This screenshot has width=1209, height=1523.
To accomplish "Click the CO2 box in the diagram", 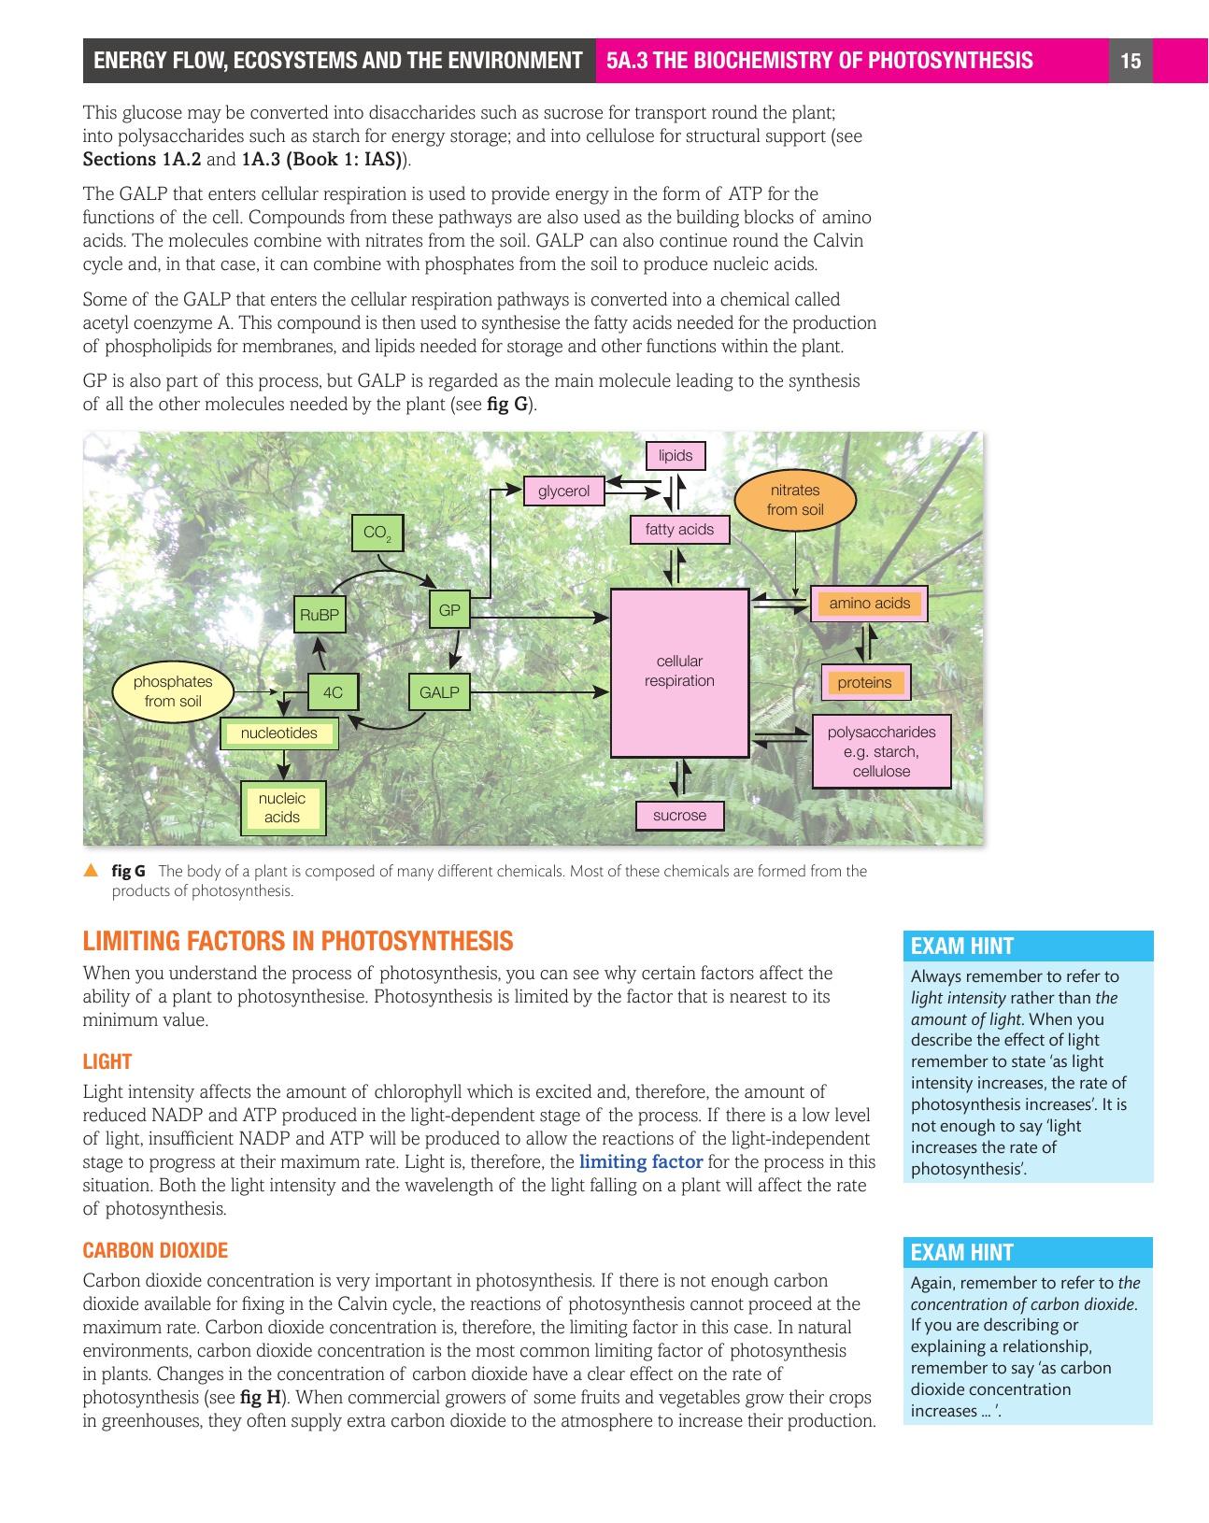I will [x=377, y=533].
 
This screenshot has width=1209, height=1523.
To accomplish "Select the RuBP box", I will [x=319, y=615].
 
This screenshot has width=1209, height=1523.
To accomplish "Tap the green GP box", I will [x=449, y=610].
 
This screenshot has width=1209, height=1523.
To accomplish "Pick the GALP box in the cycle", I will [x=439, y=692].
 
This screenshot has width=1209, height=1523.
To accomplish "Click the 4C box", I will [x=333, y=692].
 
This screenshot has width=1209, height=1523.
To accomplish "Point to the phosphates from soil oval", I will [x=173, y=691].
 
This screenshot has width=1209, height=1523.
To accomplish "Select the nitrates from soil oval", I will [x=795, y=500].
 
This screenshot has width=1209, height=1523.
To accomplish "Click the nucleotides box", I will [x=279, y=733].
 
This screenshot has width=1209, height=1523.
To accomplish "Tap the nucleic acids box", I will [x=282, y=808].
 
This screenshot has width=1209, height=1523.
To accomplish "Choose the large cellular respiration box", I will [x=679, y=672].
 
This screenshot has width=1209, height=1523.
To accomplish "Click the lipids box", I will [x=676, y=455].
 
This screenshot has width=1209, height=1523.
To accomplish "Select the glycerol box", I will [x=563, y=491].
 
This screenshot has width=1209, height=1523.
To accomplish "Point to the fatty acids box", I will [x=679, y=530].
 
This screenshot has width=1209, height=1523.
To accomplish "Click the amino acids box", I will [x=869, y=604].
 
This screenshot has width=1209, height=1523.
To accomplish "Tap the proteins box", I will [x=864, y=683].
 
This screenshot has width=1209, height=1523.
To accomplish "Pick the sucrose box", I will [x=679, y=816].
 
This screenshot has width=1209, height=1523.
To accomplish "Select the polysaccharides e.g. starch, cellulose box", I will [x=881, y=751].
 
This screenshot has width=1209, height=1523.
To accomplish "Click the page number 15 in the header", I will [x=1131, y=62].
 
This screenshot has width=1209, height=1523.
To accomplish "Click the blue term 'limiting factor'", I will [x=641, y=1162].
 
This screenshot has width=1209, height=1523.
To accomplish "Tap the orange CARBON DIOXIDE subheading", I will [x=155, y=1250].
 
